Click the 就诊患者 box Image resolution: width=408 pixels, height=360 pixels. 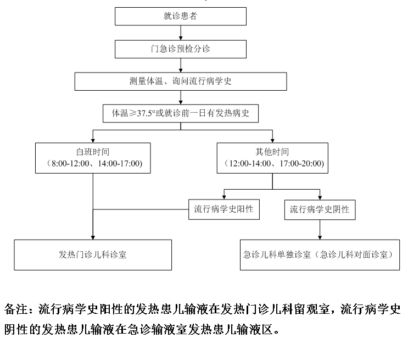click(x=181, y=16)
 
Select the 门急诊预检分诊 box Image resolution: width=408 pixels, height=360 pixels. click(x=181, y=49)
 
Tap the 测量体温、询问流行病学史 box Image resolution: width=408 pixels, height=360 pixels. click(x=181, y=81)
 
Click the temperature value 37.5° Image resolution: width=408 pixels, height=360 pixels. click(x=146, y=113)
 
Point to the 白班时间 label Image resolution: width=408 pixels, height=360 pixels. click(x=93, y=152)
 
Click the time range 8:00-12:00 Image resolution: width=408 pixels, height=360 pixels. click(x=70, y=164)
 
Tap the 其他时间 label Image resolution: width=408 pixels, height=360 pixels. click(x=272, y=152)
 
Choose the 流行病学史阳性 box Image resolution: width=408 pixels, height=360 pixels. click(x=224, y=209)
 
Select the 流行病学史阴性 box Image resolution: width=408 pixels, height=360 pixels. click(x=320, y=210)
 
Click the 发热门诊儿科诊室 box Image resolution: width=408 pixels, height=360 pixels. click(x=93, y=255)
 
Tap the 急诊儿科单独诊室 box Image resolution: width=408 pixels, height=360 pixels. click(x=320, y=255)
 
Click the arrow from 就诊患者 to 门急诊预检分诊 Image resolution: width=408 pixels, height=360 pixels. click(x=181, y=33)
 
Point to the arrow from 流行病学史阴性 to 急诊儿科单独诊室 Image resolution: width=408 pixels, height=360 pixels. click(x=320, y=230)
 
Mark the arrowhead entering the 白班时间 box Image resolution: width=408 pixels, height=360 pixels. click(x=93, y=141)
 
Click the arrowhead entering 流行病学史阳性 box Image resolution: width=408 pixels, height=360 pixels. click(x=224, y=197)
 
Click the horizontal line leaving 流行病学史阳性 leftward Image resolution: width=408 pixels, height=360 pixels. click(x=141, y=209)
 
